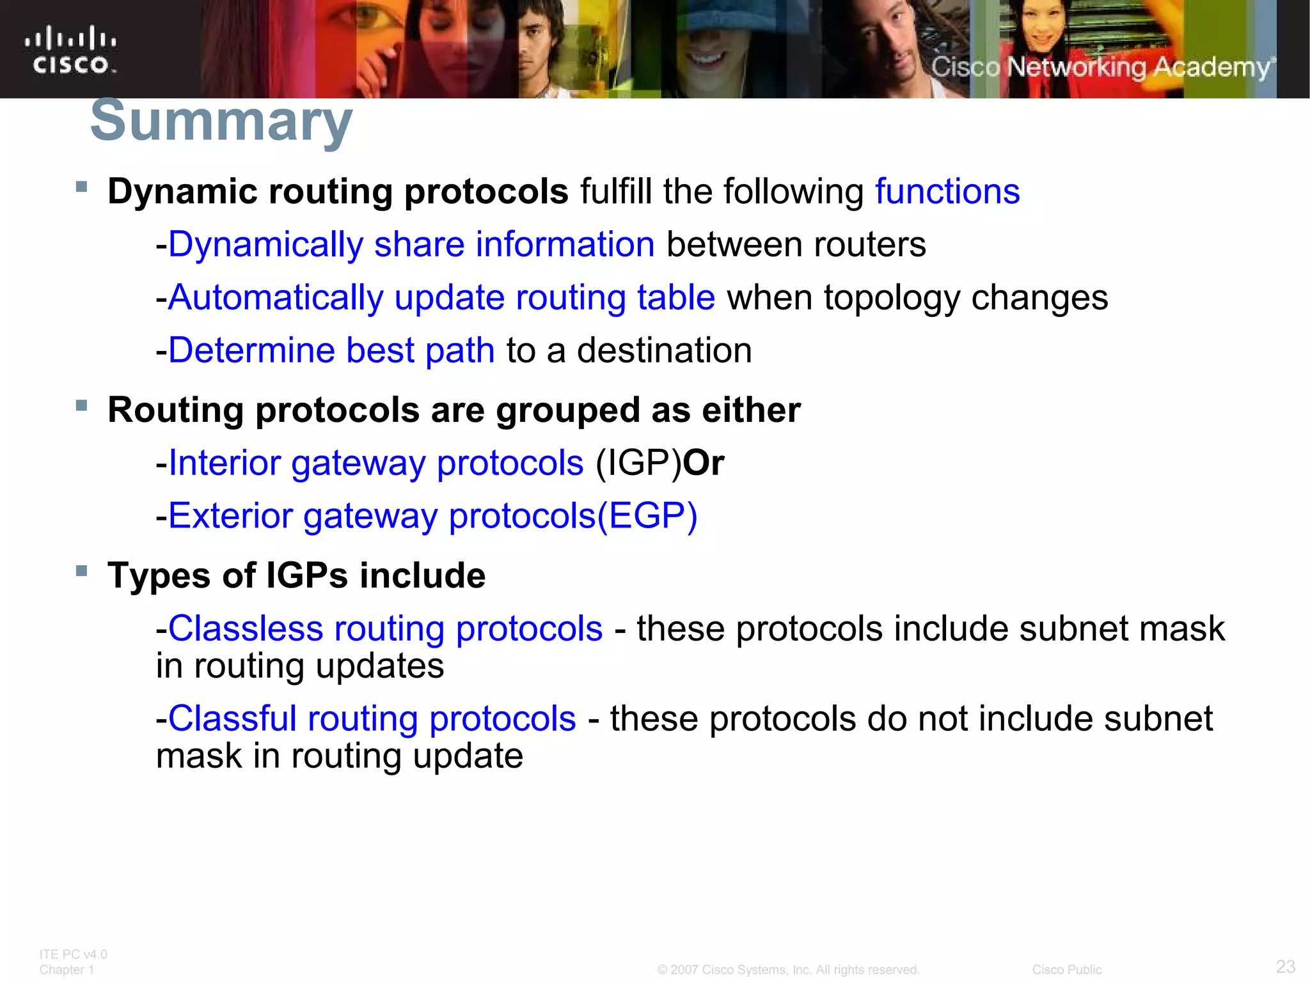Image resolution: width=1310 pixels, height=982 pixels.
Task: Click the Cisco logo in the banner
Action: click(x=70, y=51)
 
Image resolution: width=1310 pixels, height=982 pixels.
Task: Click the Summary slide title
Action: click(x=221, y=121)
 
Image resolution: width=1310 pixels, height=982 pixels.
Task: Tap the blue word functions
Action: click(x=947, y=191)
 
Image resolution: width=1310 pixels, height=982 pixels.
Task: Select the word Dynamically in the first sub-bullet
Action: click(x=265, y=245)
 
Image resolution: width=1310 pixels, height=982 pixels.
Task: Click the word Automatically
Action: click(x=276, y=298)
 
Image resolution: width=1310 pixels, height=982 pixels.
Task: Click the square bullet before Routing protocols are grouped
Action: click(x=81, y=405)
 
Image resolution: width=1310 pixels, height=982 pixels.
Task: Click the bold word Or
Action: click(x=704, y=463)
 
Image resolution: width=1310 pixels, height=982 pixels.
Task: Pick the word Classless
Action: click(x=245, y=628)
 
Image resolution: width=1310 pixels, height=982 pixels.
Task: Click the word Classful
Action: click(x=232, y=719)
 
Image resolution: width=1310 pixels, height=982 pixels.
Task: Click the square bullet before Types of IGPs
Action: click(x=81, y=571)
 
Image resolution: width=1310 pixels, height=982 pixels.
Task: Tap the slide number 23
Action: click(x=1285, y=966)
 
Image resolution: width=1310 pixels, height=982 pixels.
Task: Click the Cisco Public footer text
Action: click(x=1066, y=970)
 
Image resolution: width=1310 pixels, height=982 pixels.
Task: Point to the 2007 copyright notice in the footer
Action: click(x=788, y=970)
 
